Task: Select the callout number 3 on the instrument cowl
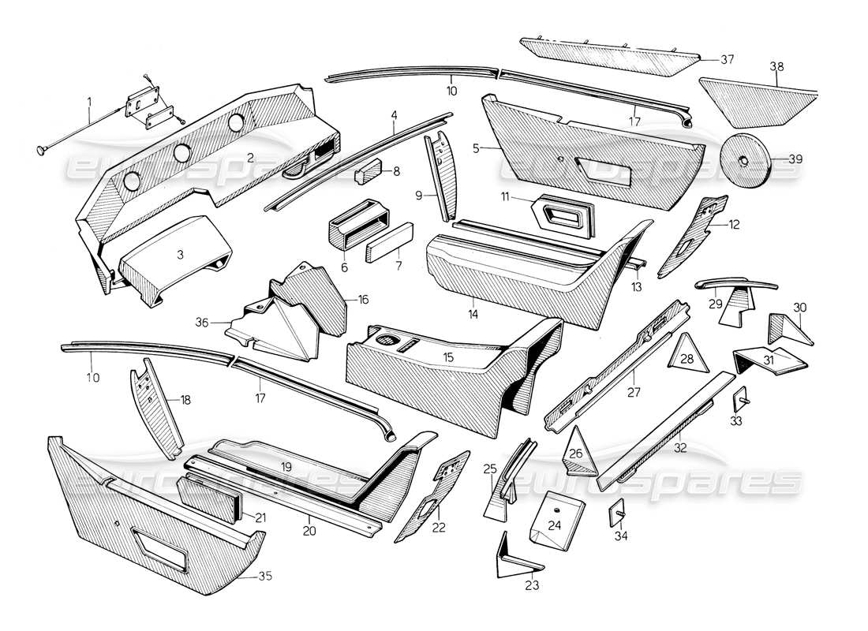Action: tap(180, 255)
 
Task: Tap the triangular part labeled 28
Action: tap(686, 355)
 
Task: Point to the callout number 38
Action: tap(778, 69)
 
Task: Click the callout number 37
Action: tap(727, 59)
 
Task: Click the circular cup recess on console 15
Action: tap(387, 342)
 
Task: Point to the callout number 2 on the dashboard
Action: tap(250, 157)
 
